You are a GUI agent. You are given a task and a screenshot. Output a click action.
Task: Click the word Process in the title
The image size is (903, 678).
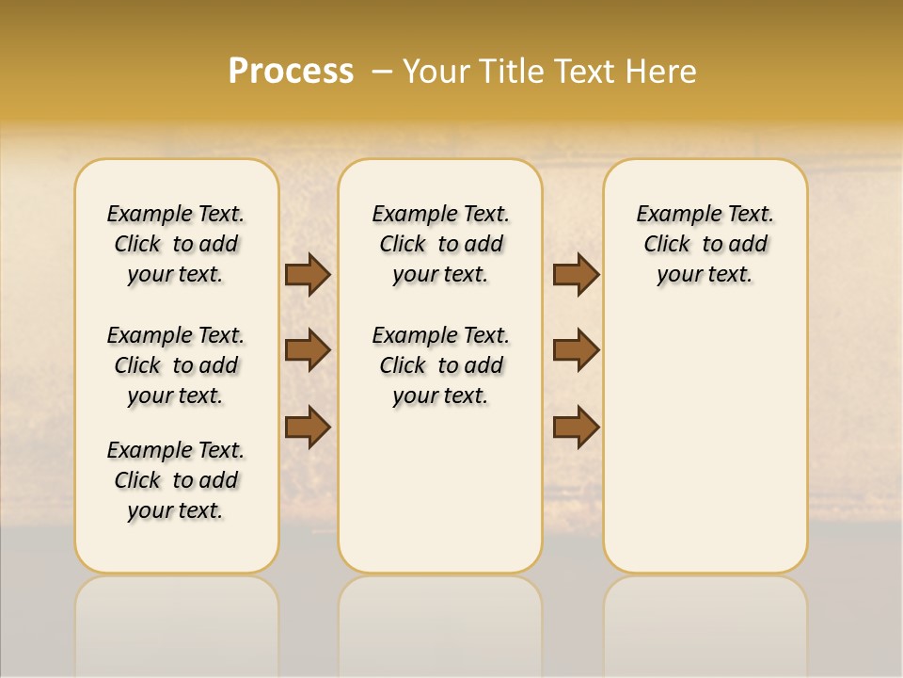click(291, 72)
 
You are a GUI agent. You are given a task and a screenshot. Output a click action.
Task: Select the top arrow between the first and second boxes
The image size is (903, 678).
click(308, 275)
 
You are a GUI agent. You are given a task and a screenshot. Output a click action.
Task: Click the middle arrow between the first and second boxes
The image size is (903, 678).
click(308, 350)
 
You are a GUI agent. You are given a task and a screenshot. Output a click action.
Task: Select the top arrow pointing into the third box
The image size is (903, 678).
click(576, 275)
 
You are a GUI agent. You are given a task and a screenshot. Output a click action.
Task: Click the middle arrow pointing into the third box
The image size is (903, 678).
click(576, 350)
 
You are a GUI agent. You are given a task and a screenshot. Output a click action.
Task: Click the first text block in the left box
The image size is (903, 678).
click(176, 244)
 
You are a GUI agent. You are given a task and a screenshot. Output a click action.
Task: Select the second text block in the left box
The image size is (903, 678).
click(176, 365)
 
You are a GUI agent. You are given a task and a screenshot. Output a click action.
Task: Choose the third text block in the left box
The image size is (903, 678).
click(176, 480)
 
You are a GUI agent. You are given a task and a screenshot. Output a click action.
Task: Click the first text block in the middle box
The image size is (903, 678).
click(440, 244)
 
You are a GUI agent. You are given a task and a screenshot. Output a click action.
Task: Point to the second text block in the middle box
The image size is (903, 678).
click(440, 365)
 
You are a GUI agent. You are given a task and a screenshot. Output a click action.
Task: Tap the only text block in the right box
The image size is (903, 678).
click(705, 244)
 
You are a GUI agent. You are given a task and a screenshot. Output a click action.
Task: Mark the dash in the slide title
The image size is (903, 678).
click(382, 72)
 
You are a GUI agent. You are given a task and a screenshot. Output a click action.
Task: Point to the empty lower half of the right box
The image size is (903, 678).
click(705, 452)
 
